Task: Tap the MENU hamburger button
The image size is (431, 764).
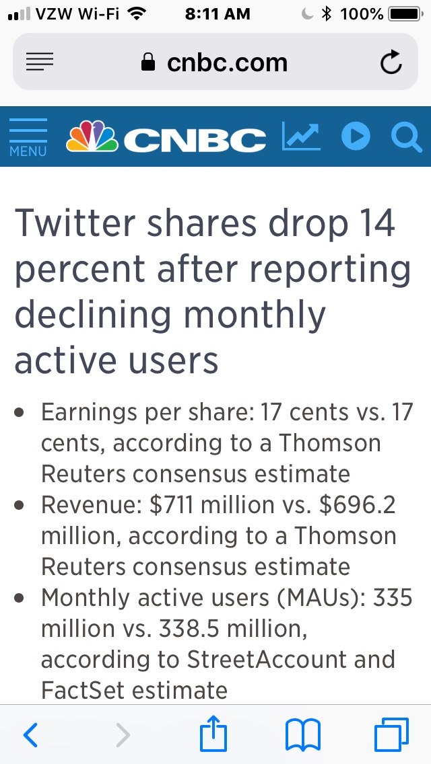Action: coord(28,137)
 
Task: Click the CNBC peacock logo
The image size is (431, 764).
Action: coord(92,137)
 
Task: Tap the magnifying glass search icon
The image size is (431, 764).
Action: coord(406,137)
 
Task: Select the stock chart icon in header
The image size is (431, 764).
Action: coord(300,137)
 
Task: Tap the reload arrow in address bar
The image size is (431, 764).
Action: coord(391,63)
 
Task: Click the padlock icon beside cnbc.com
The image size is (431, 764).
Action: coord(147,63)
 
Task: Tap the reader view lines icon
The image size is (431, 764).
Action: coord(40,63)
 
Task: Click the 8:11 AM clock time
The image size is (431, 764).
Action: coord(217,13)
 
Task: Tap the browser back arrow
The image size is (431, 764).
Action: coord(30,735)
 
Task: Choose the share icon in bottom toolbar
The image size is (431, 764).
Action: coord(214,734)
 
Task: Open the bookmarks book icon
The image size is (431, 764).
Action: coord(303,734)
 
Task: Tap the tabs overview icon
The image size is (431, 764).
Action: coord(391,734)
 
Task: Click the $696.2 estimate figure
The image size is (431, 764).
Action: coord(358,505)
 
